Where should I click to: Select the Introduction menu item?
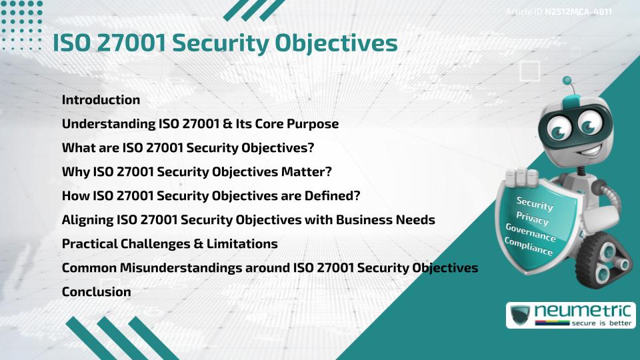click(x=101, y=100)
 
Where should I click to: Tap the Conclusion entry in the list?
click(x=96, y=291)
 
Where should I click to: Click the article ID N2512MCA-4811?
click(x=578, y=12)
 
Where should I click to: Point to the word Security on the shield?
click(x=535, y=203)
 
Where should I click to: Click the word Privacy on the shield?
click(x=533, y=219)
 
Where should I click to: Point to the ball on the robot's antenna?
click(x=567, y=81)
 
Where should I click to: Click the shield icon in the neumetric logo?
click(x=519, y=315)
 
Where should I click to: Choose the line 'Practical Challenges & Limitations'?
click(x=169, y=244)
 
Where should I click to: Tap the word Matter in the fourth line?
click(x=302, y=172)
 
